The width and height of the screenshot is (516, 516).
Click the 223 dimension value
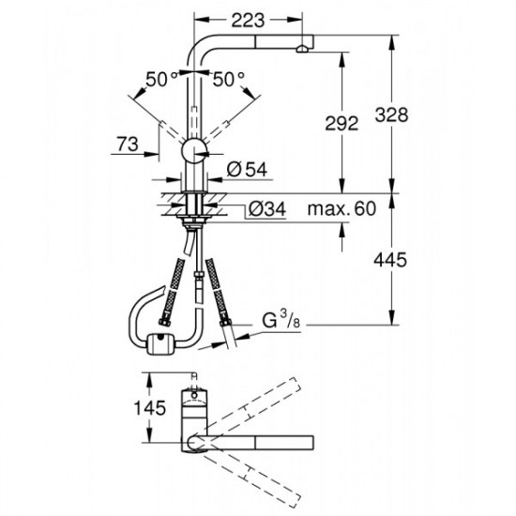[x=250, y=16]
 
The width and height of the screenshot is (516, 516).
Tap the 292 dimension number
[x=353, y=121]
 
